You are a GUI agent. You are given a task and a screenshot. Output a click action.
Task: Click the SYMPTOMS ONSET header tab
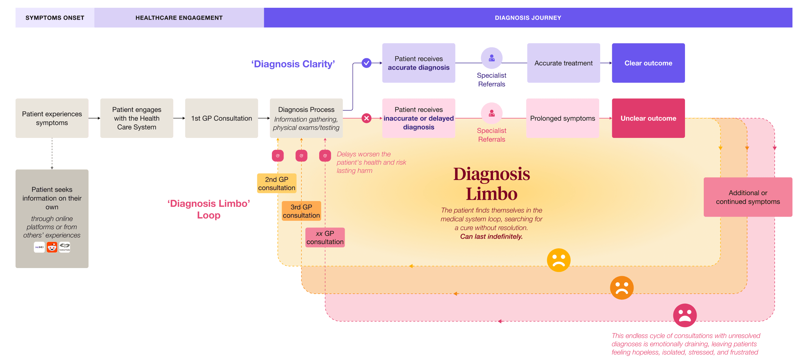point(55,18)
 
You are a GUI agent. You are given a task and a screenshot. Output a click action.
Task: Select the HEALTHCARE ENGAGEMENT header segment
point(179,18)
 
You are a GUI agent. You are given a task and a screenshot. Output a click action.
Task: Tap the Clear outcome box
point(648,63)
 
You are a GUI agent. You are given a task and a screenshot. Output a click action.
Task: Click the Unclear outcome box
point(648,118)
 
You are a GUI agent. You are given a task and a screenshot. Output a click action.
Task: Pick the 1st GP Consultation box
point(221,118)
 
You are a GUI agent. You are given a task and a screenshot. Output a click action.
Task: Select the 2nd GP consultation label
point(276,184)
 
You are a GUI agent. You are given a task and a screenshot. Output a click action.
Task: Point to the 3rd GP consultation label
point(301,211)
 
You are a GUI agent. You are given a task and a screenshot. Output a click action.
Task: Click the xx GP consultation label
point(325,238)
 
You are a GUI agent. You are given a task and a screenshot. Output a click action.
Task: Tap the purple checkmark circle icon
point(366,63)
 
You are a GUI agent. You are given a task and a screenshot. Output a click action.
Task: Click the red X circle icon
point(366,118)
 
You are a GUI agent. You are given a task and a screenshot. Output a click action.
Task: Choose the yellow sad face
point(558,260)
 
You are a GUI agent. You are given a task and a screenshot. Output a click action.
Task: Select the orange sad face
point(622,287)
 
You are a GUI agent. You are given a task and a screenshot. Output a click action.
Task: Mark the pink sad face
point(685,315)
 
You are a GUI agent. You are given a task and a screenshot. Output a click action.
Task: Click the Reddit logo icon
point(52,247)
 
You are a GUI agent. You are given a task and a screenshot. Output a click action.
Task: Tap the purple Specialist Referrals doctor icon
point(491,58)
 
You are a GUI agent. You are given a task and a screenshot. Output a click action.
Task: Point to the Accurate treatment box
point(563,63)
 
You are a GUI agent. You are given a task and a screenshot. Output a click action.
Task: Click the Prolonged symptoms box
point(562,118)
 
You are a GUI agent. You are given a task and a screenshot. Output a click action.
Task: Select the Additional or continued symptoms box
point(748,197)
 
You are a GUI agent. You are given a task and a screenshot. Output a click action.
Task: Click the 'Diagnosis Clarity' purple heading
point(293,64)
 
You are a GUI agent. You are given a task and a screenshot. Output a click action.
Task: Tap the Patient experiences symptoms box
point(52,118)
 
